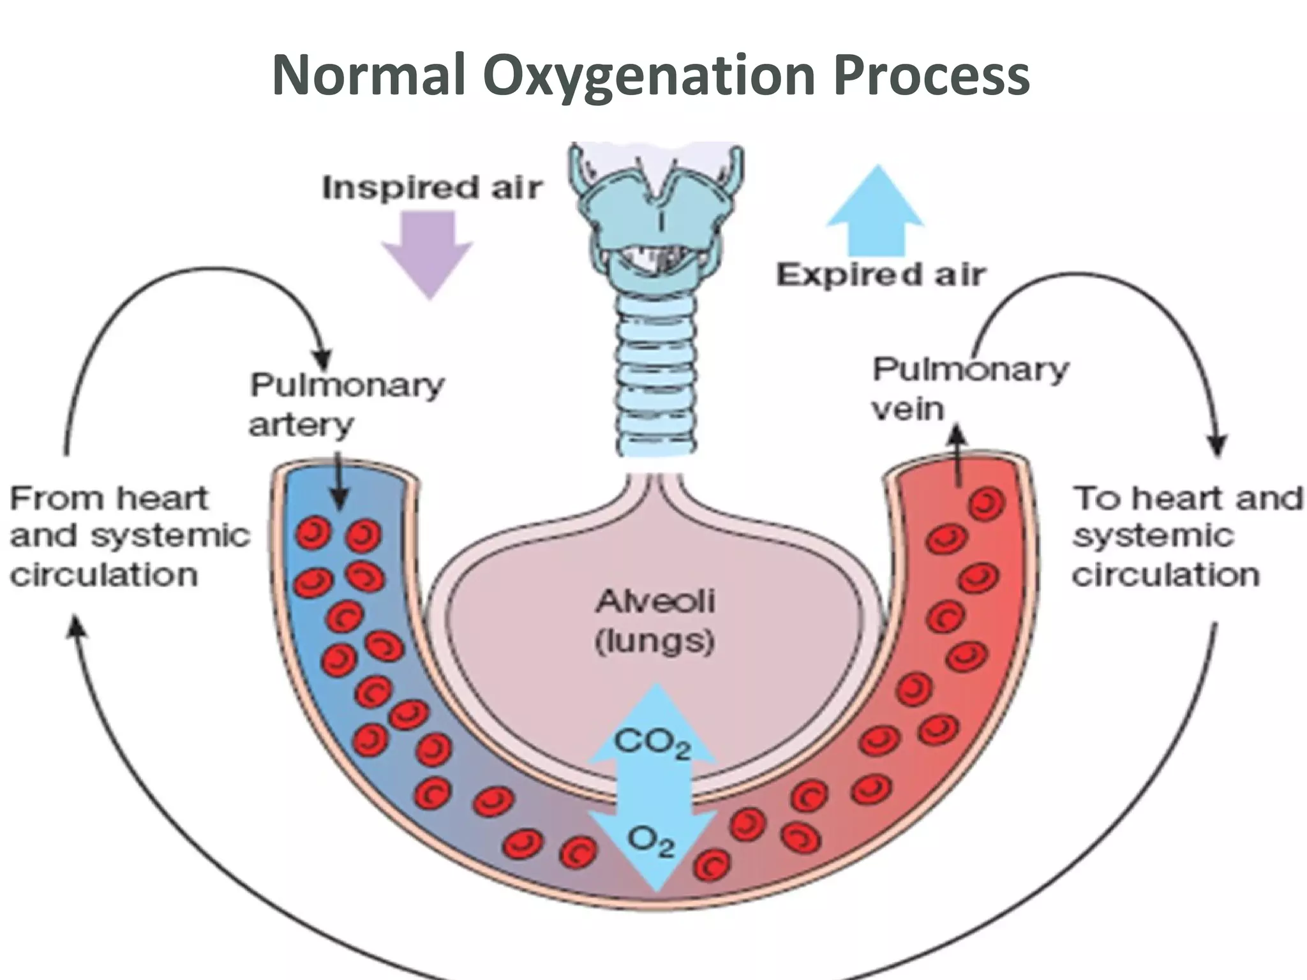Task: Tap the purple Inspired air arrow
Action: click(x=428, y=252)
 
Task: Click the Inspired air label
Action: click(x=432, y=188)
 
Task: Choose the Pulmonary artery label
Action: click(x=347, y=405)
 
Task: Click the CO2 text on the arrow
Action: click(x=652, y=744)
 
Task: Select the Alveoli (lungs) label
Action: click(x=655, y=620)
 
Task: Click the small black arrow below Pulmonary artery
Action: click(x=340, y=485)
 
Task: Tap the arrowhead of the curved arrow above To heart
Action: click(x=1218, y=445)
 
